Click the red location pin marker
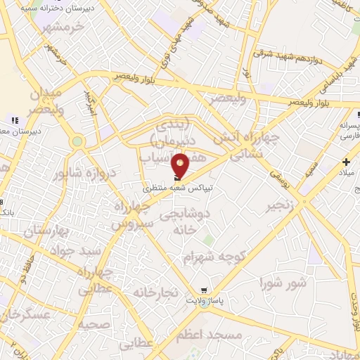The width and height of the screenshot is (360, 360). pos(181,166)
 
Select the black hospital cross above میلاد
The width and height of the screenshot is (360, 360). pos(347,162)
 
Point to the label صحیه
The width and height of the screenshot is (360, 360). pos(94,323)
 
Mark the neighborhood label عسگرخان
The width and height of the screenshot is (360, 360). pos(25,316)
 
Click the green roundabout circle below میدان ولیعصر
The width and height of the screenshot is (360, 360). pos(77,142)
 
